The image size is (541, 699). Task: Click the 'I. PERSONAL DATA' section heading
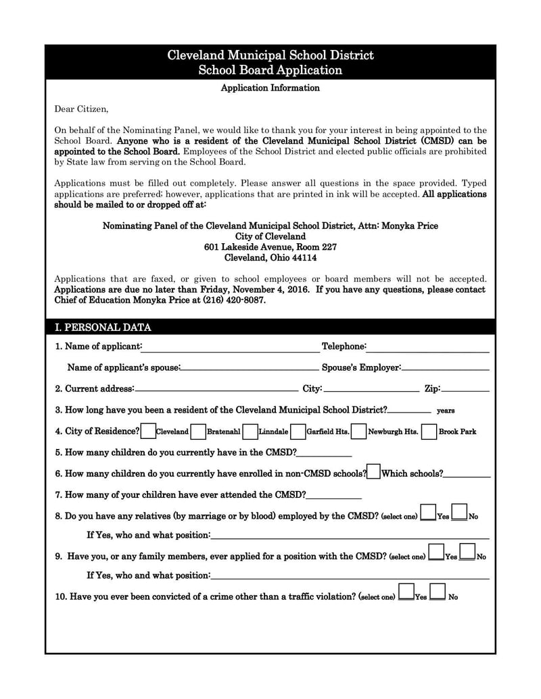click(103, 328)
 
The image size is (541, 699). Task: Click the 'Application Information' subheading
click(270, 88)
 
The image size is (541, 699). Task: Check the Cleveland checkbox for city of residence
click(148, 431)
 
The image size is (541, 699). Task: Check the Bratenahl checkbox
click(199, 431)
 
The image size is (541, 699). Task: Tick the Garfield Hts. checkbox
click(298, 431)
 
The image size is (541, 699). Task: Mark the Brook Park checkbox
click(429, 431)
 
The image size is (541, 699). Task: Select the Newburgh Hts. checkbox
click(359, 431)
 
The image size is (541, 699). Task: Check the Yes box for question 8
click(428, 513)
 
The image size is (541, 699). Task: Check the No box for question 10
click(438, 592)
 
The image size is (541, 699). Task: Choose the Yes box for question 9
click(436, 552)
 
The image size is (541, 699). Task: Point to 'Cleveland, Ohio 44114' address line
click(270, 257)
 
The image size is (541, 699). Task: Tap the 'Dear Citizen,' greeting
click(81, 109)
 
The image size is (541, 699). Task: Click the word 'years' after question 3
click(446, 411)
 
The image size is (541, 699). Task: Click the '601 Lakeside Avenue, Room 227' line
click(270, 247)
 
